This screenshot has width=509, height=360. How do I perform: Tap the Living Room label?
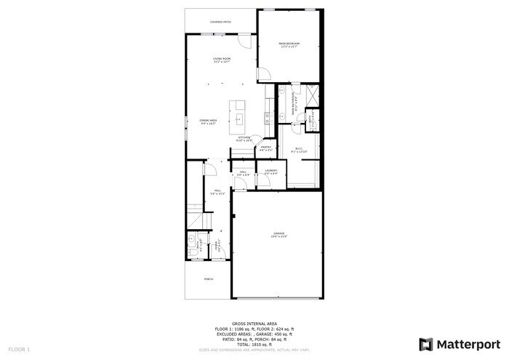coord(222,60)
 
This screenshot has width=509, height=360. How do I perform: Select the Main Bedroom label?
coord(289,45)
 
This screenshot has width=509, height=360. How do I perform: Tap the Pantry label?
coord(266,149)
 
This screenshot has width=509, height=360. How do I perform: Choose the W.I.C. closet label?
coord(299,150)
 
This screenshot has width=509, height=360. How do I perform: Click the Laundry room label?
coord(271,172)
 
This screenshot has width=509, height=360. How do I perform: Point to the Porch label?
coord(209,279)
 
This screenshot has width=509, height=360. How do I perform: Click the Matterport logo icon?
coord(426,343)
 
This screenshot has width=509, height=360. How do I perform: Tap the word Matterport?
coord(468,343)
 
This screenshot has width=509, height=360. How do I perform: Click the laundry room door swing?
coord(267,182)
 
